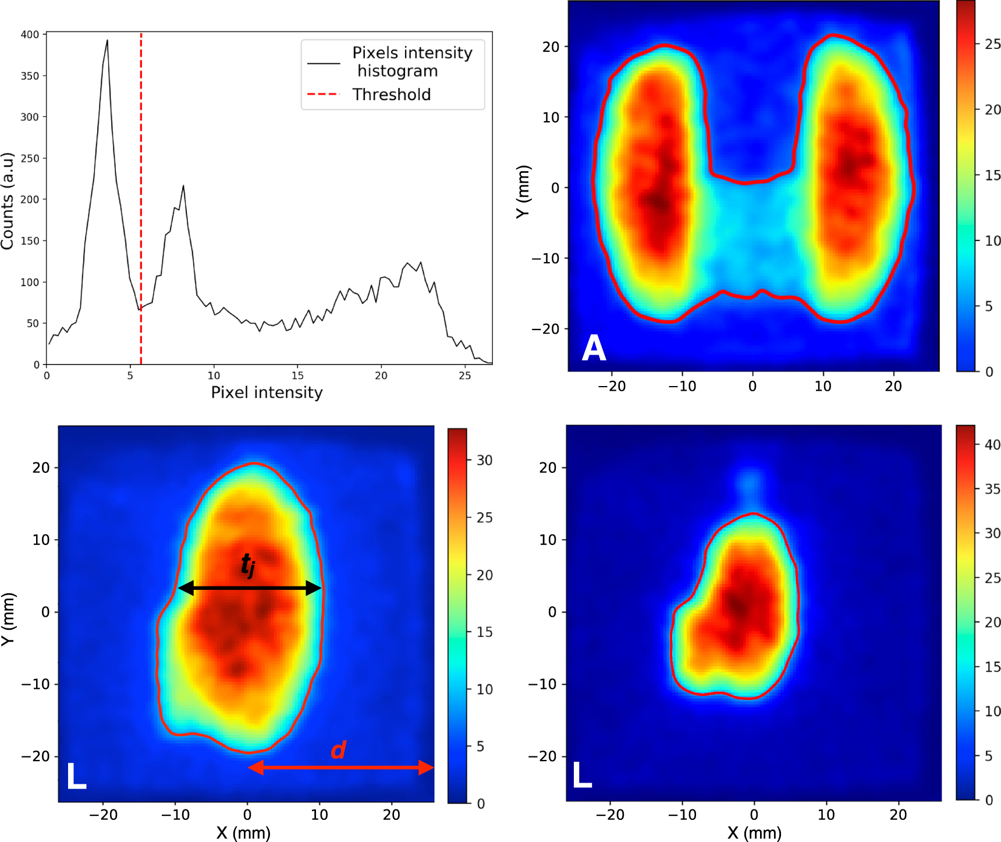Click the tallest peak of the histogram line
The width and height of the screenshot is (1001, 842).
pyautogui.click(x=107, y=41)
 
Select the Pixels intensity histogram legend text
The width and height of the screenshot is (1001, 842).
pyautogui.click(x=412, y=61)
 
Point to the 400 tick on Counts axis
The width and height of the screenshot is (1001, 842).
pyautogui.click(x=30, y=34)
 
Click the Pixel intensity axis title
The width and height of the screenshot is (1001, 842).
pyautogui.click(x=267, y=392)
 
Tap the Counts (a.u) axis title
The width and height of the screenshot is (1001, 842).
pyautogui.click(x=8, y=201)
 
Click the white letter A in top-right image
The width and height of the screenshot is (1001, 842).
pyautogui.click(x=594, y=348)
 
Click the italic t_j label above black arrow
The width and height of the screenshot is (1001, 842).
pyautogui.click(x=248, y=564)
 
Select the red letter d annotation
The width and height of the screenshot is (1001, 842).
pyautogui.click(x=338, y=750)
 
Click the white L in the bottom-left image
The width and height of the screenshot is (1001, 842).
pyautogui.click(x=76, y=776)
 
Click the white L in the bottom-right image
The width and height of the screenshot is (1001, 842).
pyautogui.click(x=582, y=776)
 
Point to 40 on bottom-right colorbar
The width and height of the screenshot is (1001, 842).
pyautogui.click(x=992, y=445)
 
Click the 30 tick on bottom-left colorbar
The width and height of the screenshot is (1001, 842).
pyautogui.click(x=484, y=461)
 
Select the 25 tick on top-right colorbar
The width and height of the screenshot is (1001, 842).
pyautogui.click(x=992, y=44)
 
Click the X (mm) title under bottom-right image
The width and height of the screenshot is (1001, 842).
pyautogui.click(x=754, y=833)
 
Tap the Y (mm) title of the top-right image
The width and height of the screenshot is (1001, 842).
pyautogui.click(x=523, y=192)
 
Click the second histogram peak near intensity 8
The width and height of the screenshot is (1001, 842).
pyautogui.click(x=183, y=186)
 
